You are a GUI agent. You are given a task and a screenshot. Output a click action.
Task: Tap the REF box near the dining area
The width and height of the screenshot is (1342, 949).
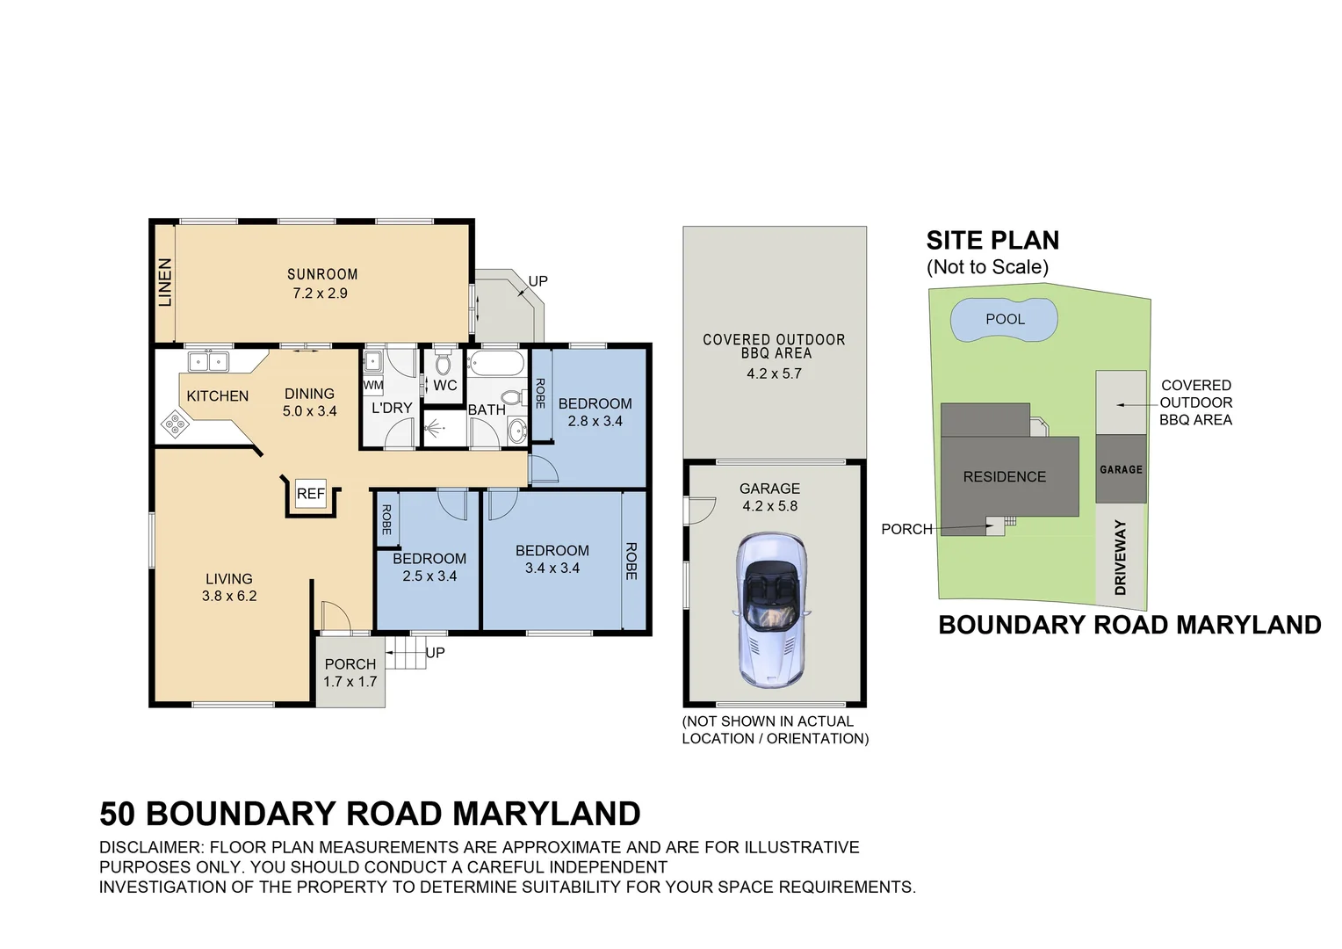[x=310, y=494]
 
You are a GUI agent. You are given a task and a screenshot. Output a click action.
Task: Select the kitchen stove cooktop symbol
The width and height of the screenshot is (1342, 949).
[x=175, y=426]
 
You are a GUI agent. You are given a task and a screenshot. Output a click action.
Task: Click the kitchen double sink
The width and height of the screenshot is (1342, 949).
[x=208, y=361]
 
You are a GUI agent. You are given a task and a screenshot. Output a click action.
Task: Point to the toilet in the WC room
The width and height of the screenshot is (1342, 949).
[x=443, y=362]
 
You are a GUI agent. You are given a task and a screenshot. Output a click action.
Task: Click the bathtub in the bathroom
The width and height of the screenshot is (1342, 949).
[x=495, y=363]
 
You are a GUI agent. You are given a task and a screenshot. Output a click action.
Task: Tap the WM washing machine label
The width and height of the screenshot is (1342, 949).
[x=372, y=385]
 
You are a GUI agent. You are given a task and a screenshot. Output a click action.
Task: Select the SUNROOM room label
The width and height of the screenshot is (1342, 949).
[x=322, y=274]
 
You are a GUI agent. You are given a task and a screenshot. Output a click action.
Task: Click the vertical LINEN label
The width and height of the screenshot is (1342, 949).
[x=164, y=282]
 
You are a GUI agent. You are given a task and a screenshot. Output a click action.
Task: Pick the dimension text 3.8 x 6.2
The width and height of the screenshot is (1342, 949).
[x=229, y=596]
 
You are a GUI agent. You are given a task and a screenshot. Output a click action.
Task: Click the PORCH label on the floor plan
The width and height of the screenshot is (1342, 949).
[x=350, y=664]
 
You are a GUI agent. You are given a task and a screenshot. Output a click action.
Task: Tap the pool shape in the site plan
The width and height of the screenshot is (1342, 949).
[x=1004, y=320]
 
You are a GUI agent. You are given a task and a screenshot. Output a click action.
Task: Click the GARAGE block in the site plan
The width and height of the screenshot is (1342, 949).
[x=1121, y=469]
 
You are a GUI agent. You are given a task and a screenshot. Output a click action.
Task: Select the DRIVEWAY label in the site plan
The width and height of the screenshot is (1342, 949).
[x=1120, y=557]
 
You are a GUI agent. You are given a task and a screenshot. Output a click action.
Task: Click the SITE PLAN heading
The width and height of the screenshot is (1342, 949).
[x=992, y=240]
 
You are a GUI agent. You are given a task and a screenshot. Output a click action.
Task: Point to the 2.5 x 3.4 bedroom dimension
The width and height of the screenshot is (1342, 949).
[x=429, y=576]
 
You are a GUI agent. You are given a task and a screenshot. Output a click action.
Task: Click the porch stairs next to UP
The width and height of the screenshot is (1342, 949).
[x=406, y=653]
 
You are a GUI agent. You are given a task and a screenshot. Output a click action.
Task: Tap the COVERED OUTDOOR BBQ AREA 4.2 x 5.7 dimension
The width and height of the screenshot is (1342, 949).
[x=773, y=373]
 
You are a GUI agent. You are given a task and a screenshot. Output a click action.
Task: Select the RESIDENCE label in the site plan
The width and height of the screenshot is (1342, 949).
[x=1004, y=476]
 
